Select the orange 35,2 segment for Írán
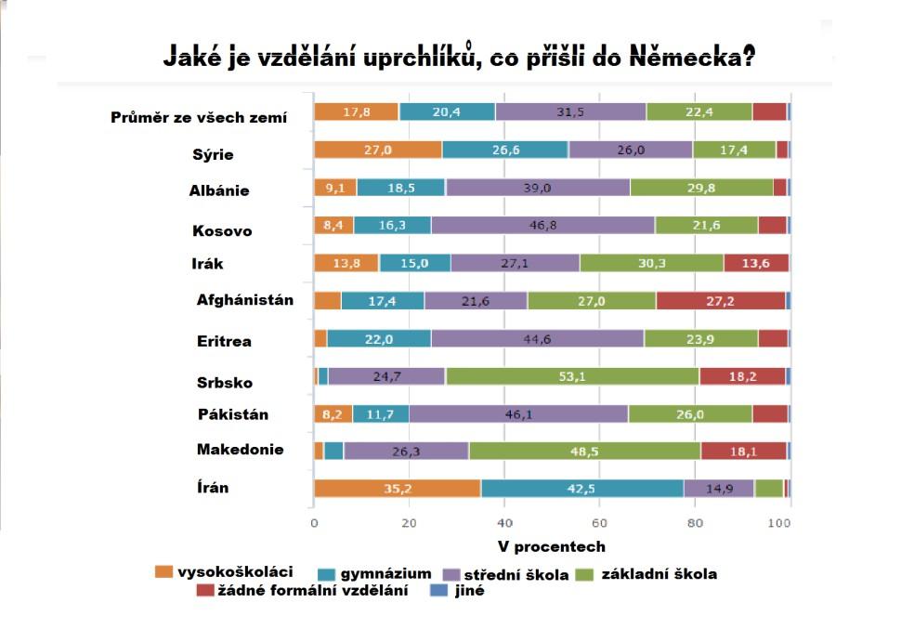point(397,489)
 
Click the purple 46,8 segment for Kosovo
point(542,225)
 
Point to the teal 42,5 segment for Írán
point(582,489)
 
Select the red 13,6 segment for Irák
point(756,263)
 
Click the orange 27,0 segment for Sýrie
point(378,150)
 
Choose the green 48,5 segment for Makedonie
point(584,451)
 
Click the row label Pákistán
point(233,413)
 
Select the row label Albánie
point(220,191)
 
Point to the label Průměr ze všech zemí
point(199,117)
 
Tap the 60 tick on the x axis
point(599,524)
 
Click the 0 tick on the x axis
point(314,524)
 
